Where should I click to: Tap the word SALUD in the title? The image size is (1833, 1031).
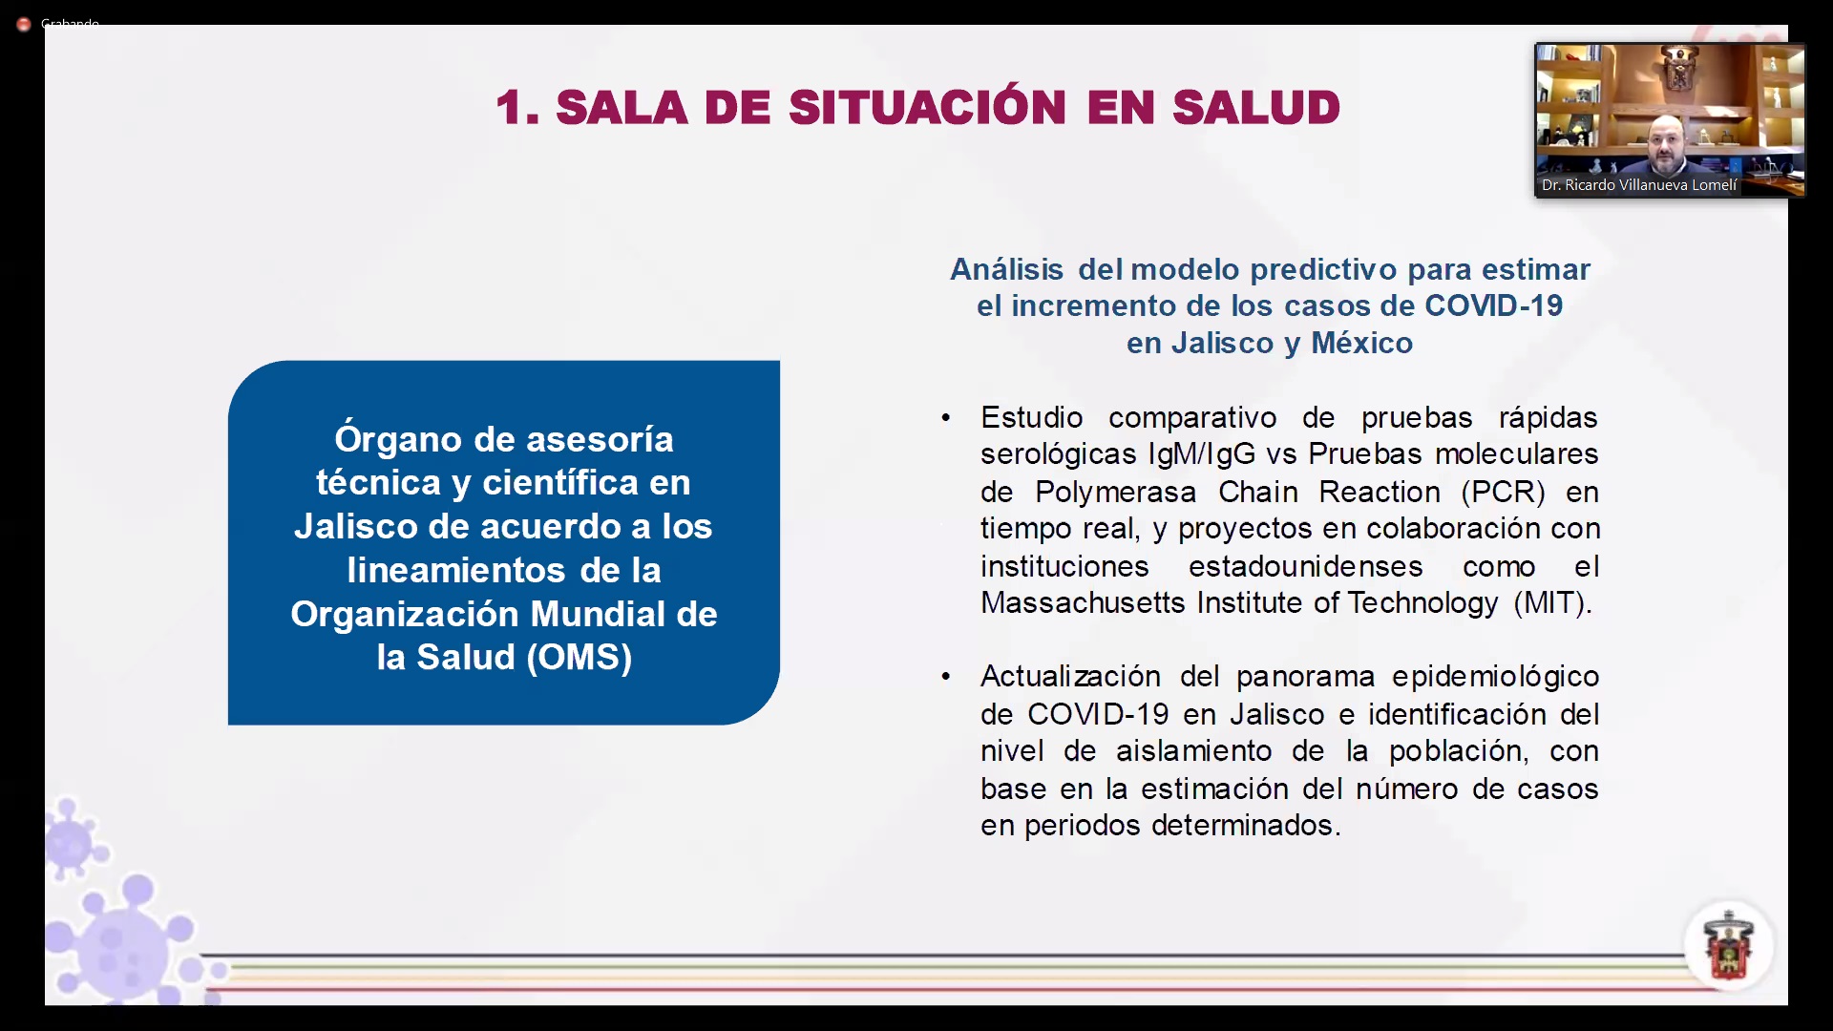tap(1256, 107)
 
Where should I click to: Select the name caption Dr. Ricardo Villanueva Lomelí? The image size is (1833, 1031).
tap(1639, 185)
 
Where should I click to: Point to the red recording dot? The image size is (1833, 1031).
tap(24, 24)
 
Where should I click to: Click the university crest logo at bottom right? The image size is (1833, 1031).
tap(1728, 946)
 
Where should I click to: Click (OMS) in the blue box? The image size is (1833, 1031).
tap(579, 657)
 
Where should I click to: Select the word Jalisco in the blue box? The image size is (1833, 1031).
tap(355, 526)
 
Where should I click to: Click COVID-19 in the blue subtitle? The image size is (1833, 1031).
tap(1493, 305)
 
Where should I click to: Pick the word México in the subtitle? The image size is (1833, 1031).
tap(1361, 342)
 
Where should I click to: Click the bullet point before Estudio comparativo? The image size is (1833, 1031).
tap(945, 418)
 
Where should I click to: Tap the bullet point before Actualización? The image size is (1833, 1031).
tap(945, 677)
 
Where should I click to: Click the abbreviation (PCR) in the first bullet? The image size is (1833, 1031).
tap(1503, 493)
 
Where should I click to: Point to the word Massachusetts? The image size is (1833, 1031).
tap(1083, 603)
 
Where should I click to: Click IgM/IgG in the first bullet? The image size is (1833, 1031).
tap(1202, 454)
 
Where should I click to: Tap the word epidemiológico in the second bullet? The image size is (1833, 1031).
tap(1495, 677)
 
